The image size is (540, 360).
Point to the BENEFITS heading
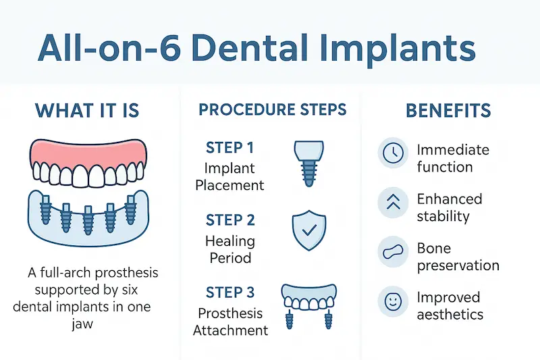[x=448, y=111]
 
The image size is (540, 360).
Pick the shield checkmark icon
[x=306, y=231]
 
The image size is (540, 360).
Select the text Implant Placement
[x=230, y=176]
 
